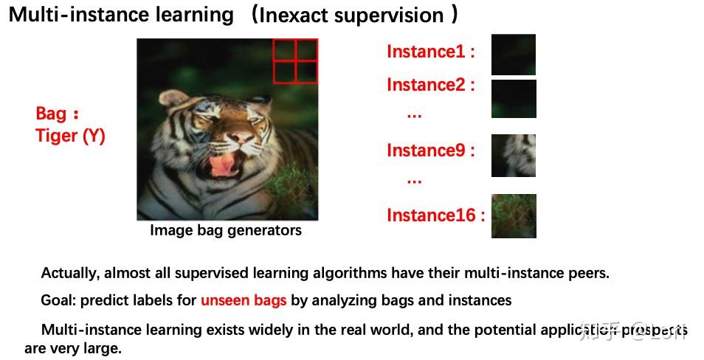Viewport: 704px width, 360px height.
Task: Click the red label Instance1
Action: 430,52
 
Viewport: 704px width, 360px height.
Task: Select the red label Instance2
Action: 430,85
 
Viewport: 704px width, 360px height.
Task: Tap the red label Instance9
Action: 430,150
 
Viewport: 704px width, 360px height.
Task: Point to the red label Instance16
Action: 435,215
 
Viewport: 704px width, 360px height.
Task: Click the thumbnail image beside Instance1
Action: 514,55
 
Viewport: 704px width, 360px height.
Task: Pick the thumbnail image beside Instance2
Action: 514,99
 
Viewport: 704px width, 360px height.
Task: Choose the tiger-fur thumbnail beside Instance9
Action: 514,156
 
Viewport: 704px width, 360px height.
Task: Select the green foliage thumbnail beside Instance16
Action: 514,216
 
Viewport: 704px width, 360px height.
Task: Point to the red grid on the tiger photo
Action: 295,60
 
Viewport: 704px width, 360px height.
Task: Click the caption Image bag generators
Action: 226,230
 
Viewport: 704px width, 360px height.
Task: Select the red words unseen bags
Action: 244,300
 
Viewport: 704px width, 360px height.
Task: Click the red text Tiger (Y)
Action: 70,136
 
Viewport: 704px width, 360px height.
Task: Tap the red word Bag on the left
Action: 51,114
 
